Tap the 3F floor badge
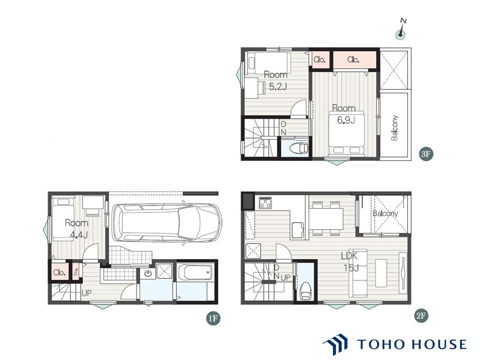[426, 154]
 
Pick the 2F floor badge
[421, 316]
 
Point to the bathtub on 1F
[196, 272]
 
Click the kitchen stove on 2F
[265, 202]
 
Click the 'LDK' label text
[349, 256]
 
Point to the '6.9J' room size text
[346, 120]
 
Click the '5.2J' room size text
[278, 87]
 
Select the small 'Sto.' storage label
[76, 272]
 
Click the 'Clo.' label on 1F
[59, 272]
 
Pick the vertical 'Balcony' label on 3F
[394, 127]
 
